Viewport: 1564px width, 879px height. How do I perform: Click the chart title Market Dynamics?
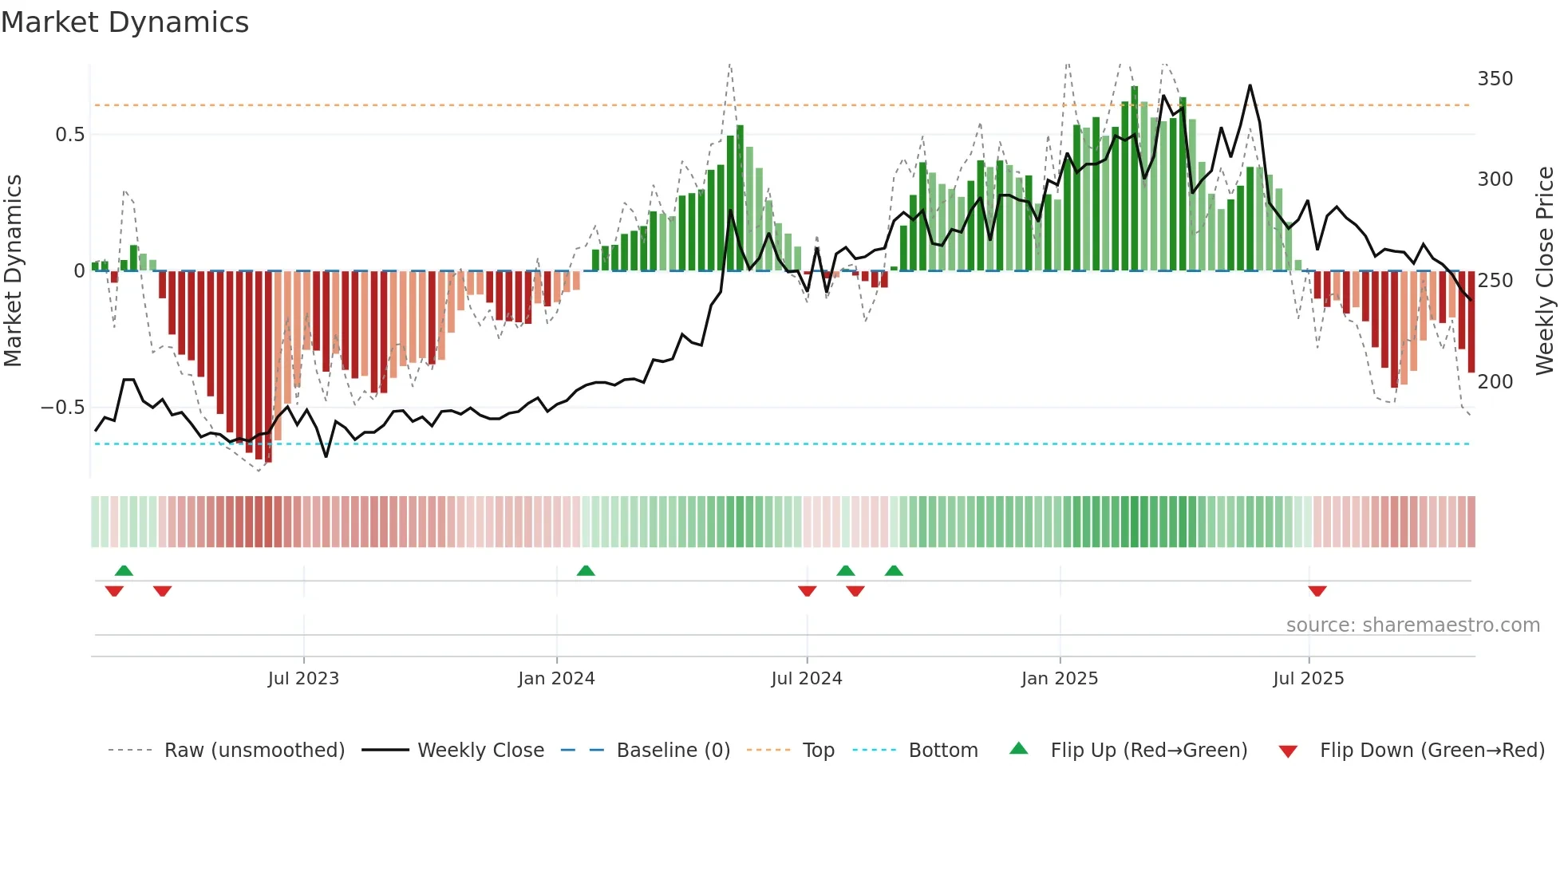(124, 22)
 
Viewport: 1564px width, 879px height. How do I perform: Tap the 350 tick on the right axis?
(1495, 79)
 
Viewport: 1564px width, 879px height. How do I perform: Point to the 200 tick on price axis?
(1495, 382)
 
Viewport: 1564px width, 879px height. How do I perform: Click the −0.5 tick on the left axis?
(62, 408)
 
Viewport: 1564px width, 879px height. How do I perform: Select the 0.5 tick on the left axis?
(69, 135)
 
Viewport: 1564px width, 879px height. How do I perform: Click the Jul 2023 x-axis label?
(303, 679)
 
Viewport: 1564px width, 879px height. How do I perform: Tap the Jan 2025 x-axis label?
(1060, 679)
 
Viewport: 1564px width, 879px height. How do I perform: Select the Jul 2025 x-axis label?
(1309, 679)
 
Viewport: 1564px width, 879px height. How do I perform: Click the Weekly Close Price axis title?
(1545, 271)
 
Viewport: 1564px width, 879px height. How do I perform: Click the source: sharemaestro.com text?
(1412, 625)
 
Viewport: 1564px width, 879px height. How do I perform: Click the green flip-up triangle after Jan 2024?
(586, 570)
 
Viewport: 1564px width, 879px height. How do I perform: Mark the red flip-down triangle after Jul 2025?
(1317, 591)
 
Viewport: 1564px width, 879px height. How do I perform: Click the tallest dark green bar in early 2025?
(1135, 179)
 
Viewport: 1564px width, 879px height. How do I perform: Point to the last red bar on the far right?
(1471, 322)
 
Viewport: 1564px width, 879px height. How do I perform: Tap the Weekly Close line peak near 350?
(1250, 86)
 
